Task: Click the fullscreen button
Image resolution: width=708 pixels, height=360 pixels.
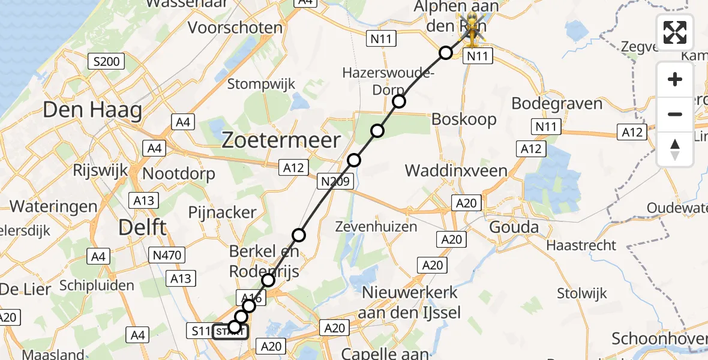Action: point(675,32)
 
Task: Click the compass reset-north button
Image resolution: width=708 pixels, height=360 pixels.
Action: point(675,149)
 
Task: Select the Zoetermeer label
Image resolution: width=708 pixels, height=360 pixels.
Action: point(281,141)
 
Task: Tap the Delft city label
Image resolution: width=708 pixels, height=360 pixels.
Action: point(142,227)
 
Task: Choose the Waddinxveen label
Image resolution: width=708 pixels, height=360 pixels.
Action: point(456,170)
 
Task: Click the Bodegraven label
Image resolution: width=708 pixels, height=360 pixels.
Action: point(557,103)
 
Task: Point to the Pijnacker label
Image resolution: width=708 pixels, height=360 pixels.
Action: point(222,212)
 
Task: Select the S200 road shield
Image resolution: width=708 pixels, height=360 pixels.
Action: point(106,61)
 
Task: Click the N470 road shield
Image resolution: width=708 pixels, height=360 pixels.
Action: point(166,256)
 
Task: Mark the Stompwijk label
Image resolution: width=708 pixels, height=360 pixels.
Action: point(261,83)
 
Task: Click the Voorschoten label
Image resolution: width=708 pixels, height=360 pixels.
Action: point(235,28)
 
